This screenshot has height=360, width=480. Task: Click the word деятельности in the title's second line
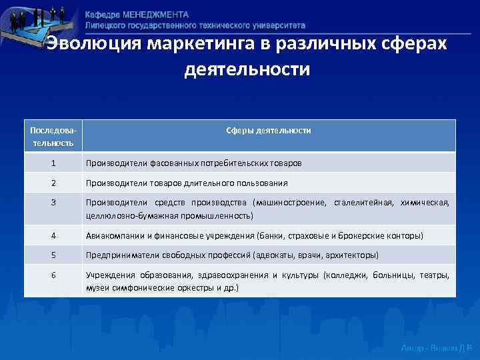pyautogui.click(x=247, y=69)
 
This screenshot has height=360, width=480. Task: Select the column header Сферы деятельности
pyautogui.click(x=270, y=131)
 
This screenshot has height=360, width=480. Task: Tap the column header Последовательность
pyautogui.click(x=53, y=137)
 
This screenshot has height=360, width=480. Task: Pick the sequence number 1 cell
pyautogui.click(x=53, y=163)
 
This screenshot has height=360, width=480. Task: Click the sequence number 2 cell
pyautogui.click(x=53, y=183)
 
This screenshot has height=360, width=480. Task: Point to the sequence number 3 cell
pyautogui.click(x=53, y=203)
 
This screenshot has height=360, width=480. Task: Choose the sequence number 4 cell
pyautogui.click(x=53, y=235)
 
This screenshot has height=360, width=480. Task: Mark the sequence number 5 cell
pyautogui.click(x=53, y=255)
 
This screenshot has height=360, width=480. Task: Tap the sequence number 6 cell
pyautogui.click(x=53, y=275)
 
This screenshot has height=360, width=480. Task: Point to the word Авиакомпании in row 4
pyautogui.click(x=113, y=235)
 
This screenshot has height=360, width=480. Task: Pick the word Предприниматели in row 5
pyautogui.click(x=119, y=255)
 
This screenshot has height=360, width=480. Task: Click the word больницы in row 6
pyautogui.click(x=393, y=275)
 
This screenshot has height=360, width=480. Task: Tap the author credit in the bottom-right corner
pyautogui.click(x=436, y=348)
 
